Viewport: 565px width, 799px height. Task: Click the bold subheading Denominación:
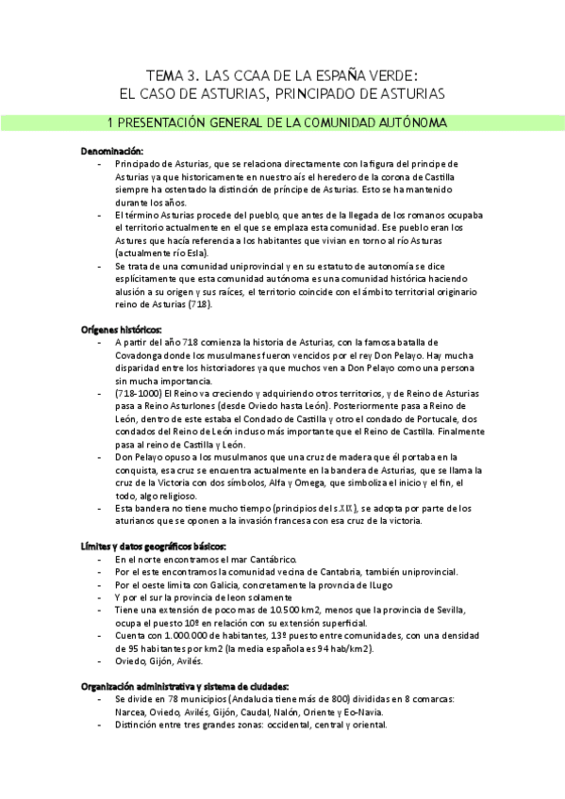[x=112, y=151]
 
